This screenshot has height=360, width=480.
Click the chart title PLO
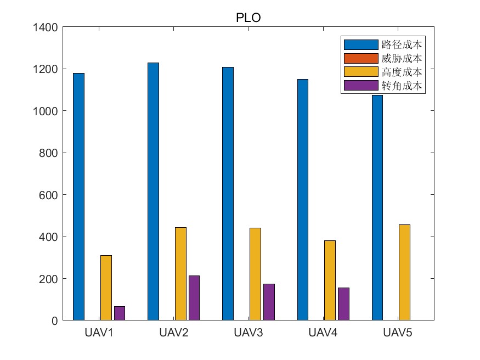pos(248,18)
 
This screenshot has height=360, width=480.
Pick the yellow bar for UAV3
pos(255,274)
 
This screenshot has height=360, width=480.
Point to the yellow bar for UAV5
pos(404,272)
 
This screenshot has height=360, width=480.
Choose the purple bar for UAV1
pos(120,313)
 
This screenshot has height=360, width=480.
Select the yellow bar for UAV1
pos(106,288)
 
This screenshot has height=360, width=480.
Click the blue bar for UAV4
pos(303,200)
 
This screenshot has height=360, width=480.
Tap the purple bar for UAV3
pos(269,302)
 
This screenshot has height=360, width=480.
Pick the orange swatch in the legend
pos(360,58)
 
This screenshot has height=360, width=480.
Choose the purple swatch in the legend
pos(360,86)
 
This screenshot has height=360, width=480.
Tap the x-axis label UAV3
pos(248,333)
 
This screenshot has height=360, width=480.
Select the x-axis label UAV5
pos(397,333)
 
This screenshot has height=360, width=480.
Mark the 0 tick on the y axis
pos(54,320)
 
